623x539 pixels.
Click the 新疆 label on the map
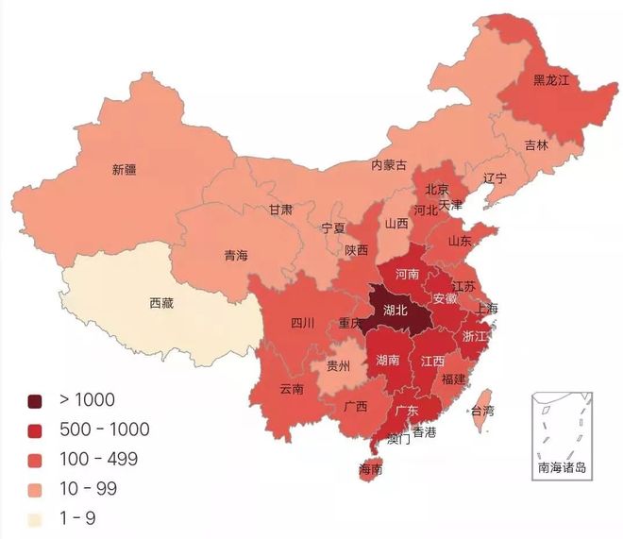(x=124, y=170)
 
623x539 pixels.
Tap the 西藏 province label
(x=161, y=303)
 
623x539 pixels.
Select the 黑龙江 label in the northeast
(x=552, y=80)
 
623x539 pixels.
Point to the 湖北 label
(x=396, y=309)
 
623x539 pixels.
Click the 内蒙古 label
(x=389, y=165)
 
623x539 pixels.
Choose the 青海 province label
(x=236, y=255)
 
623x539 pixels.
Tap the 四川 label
(x=302, y=323)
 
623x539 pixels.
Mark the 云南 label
(x=292, y=388)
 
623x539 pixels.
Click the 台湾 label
(x=482, y=411)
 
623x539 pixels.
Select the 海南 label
(x=371, y=468)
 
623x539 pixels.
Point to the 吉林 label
(x=537, y=144)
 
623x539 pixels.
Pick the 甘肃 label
(x=280, y=210)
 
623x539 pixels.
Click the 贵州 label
(x=338, y=365)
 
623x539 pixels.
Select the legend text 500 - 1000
(x=105, y=430)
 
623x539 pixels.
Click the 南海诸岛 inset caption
(x=563, y=467)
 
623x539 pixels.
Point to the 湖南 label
(x=388, y=360)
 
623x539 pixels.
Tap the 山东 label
(x=460, y=240)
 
